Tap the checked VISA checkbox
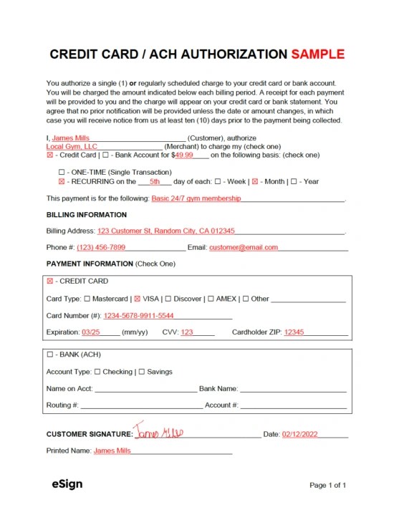[138, 299]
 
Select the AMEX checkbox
[210, 299]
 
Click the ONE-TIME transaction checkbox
[61, 173]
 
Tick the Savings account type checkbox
[142, 372]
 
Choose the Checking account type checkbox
[97, 372]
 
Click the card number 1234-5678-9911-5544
[138, 315]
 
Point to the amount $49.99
[184, 155]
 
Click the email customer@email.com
[243, 247]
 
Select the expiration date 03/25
[91, 332]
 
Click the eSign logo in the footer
[67, 484]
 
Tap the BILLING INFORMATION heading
[87, 215]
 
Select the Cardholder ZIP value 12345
[294, 332]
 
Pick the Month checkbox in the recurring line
[254, 182]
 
